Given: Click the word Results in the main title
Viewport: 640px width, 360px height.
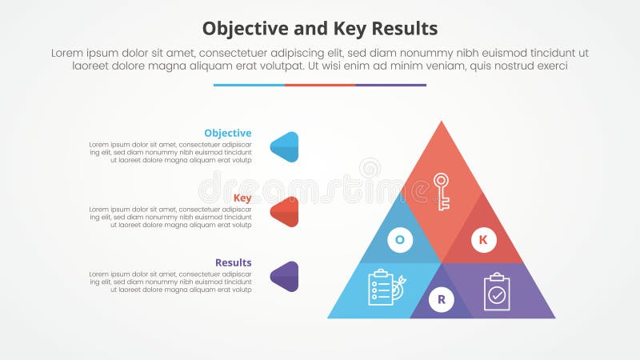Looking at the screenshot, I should (x=403, y=30).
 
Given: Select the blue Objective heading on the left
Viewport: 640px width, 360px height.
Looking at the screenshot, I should (x=227, y=133).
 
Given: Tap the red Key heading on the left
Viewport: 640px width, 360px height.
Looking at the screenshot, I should (x=242, y=198).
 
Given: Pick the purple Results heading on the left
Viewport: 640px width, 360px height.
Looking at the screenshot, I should (x=233, y=262).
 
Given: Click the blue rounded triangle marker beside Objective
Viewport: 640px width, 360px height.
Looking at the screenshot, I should (x=285, y=146).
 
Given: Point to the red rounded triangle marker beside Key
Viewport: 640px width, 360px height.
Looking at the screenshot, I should (x=285, y=211).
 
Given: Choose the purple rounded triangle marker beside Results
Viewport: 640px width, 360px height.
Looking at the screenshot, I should (x=285, y=276).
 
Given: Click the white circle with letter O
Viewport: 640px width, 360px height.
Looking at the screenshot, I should (x=399, y=238).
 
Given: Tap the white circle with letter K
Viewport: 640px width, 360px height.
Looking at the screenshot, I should (x=482, y=238).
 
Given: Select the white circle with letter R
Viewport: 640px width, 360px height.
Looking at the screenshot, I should (x=441, y=300).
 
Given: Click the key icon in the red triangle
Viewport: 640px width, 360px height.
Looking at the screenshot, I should (x=442, y=191).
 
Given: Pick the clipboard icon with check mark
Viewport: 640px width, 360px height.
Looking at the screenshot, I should (x=497, y=292).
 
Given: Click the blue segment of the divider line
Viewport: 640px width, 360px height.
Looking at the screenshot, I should (x=249, y=85).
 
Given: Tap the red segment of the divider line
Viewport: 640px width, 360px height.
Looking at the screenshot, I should (x=320, y=85).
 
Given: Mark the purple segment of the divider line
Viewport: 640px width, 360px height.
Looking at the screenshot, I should (x=390, y=85).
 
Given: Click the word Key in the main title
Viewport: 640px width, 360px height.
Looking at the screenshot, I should (x=349, y=30).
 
